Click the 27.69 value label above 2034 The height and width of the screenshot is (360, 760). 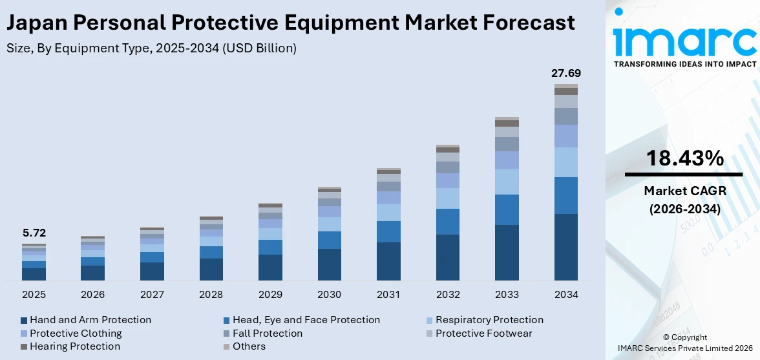click(x=565, y=74)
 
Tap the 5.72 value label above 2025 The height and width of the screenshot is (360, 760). click(x=34, y=233)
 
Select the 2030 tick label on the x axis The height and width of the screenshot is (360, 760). click(x=329, y=295)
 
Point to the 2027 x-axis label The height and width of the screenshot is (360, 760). click(x=152, y=295)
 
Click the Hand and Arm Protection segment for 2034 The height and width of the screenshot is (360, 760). click(x=565, y=247)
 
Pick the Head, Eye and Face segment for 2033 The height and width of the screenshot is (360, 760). click(x=507, y=209)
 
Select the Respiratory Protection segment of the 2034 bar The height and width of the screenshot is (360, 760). click(x=565, y=162)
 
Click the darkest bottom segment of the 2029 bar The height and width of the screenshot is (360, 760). click(x=270, y=268)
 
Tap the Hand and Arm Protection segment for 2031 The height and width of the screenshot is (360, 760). click(x=388, y=261)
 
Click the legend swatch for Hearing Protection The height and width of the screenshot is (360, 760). click(x=24, y=347)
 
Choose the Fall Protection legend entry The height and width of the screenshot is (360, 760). click(x=268, y=334)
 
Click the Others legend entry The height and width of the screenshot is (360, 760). click(x=249, y=347)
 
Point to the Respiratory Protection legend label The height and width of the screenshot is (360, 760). click(x=489, y=320)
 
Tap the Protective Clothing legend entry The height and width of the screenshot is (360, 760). click(x=76, y=334)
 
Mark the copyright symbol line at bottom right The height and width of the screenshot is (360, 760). click(x=685, y=337)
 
